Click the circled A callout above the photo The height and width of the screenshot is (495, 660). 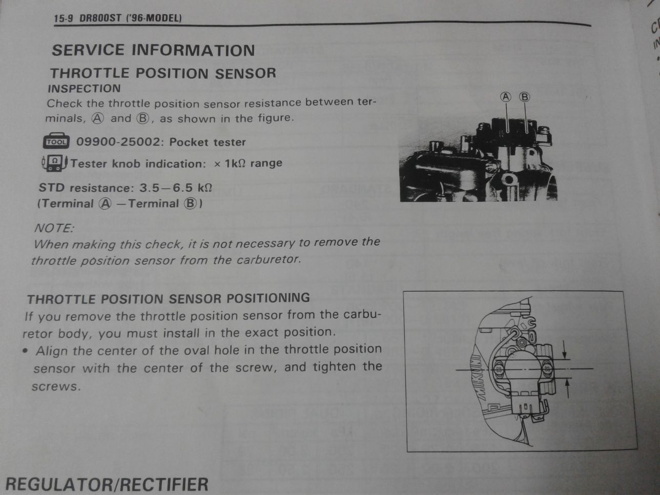[x=506, y=97]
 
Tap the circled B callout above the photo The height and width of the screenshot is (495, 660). [x=524, y=97]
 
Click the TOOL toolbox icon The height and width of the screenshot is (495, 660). [x=56, y=141]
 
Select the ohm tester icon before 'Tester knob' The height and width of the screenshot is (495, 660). [x=54, y=163]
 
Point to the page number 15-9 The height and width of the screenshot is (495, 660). [x=64, y=18]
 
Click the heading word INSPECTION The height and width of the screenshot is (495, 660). [x=84, y=89]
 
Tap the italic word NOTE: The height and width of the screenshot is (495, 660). [x=54, y=228]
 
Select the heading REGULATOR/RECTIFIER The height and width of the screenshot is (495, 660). [x=107, y=484]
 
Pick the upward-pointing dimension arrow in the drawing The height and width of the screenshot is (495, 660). [x=568, y=388]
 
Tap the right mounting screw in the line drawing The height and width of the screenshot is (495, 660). [x=547, y=368]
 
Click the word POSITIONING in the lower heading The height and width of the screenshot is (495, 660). [x=268, y=298]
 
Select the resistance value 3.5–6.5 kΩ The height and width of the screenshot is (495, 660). [x=176, y=188]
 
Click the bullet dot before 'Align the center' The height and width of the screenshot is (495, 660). [x=26, y=351]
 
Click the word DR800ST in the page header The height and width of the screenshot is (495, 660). [x=100, y=18]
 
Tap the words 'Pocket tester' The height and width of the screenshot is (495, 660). [x=208, y=142]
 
